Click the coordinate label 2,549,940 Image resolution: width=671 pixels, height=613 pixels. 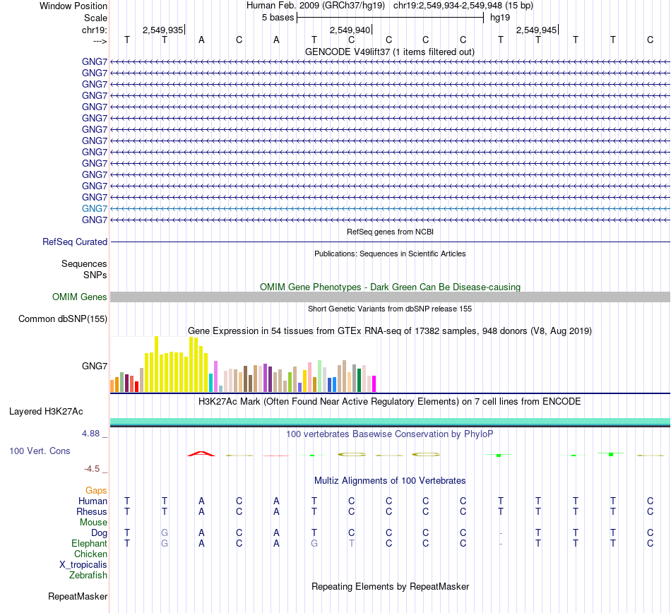pyautogui.click(x=350, y=30)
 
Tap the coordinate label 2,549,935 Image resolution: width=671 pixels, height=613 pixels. pyautogui.click(x=162, y=30)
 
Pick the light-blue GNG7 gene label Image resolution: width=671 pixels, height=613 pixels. pyautogui.click(x=95, y=208)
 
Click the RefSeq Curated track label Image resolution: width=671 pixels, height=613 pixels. pyautogui.click(x=75, y=242)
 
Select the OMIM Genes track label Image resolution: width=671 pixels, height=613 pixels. pyautogui.click(x=80, y=297)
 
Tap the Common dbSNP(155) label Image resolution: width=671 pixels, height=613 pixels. pyautogui.click(x=63, y=319)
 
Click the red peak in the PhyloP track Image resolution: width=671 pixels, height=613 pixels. pyautogui.click(x=201, y=453)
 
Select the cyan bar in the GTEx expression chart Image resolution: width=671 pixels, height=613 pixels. pyautogui.click(x=211, y=382)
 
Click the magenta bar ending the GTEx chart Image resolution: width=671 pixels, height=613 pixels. pyautogui.click(x=374, y=383)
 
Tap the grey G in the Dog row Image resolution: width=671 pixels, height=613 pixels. pyautogui.click(x=164, y=532)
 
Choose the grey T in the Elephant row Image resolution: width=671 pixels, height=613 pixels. pyautogui.click(x=351, y=543)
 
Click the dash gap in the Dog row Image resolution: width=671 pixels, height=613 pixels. pyautogui.click(x=500, y=532)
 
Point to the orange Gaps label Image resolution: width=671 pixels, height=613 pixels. pyautogui.click(x=96, y=490)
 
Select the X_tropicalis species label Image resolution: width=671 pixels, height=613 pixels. pyautogui.click(x=83, y=564)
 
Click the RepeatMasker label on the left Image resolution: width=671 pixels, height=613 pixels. pyautogui.click(x=78, y=596)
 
